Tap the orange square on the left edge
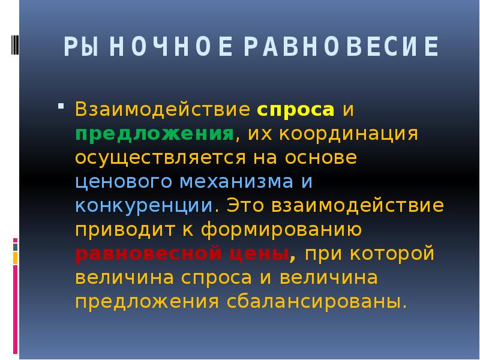(16, 259)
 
